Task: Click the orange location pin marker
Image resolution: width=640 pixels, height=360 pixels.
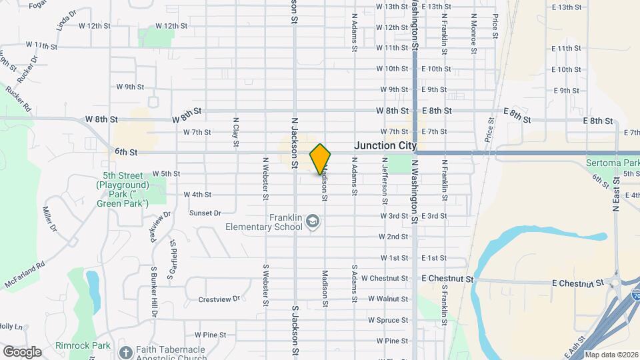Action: click(320, 159)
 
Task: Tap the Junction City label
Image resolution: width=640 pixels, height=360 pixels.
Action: click(385, 145)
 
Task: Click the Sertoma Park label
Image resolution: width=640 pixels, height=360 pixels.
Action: click(613, 163)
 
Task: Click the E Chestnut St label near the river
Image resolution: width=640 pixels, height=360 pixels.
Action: click(578, 283)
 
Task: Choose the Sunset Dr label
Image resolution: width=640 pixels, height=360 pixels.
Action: click(205, 213)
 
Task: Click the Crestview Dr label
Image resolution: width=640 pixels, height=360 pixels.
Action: click(219, 299)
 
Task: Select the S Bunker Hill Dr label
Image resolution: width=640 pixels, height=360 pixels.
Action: click(154, 291)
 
